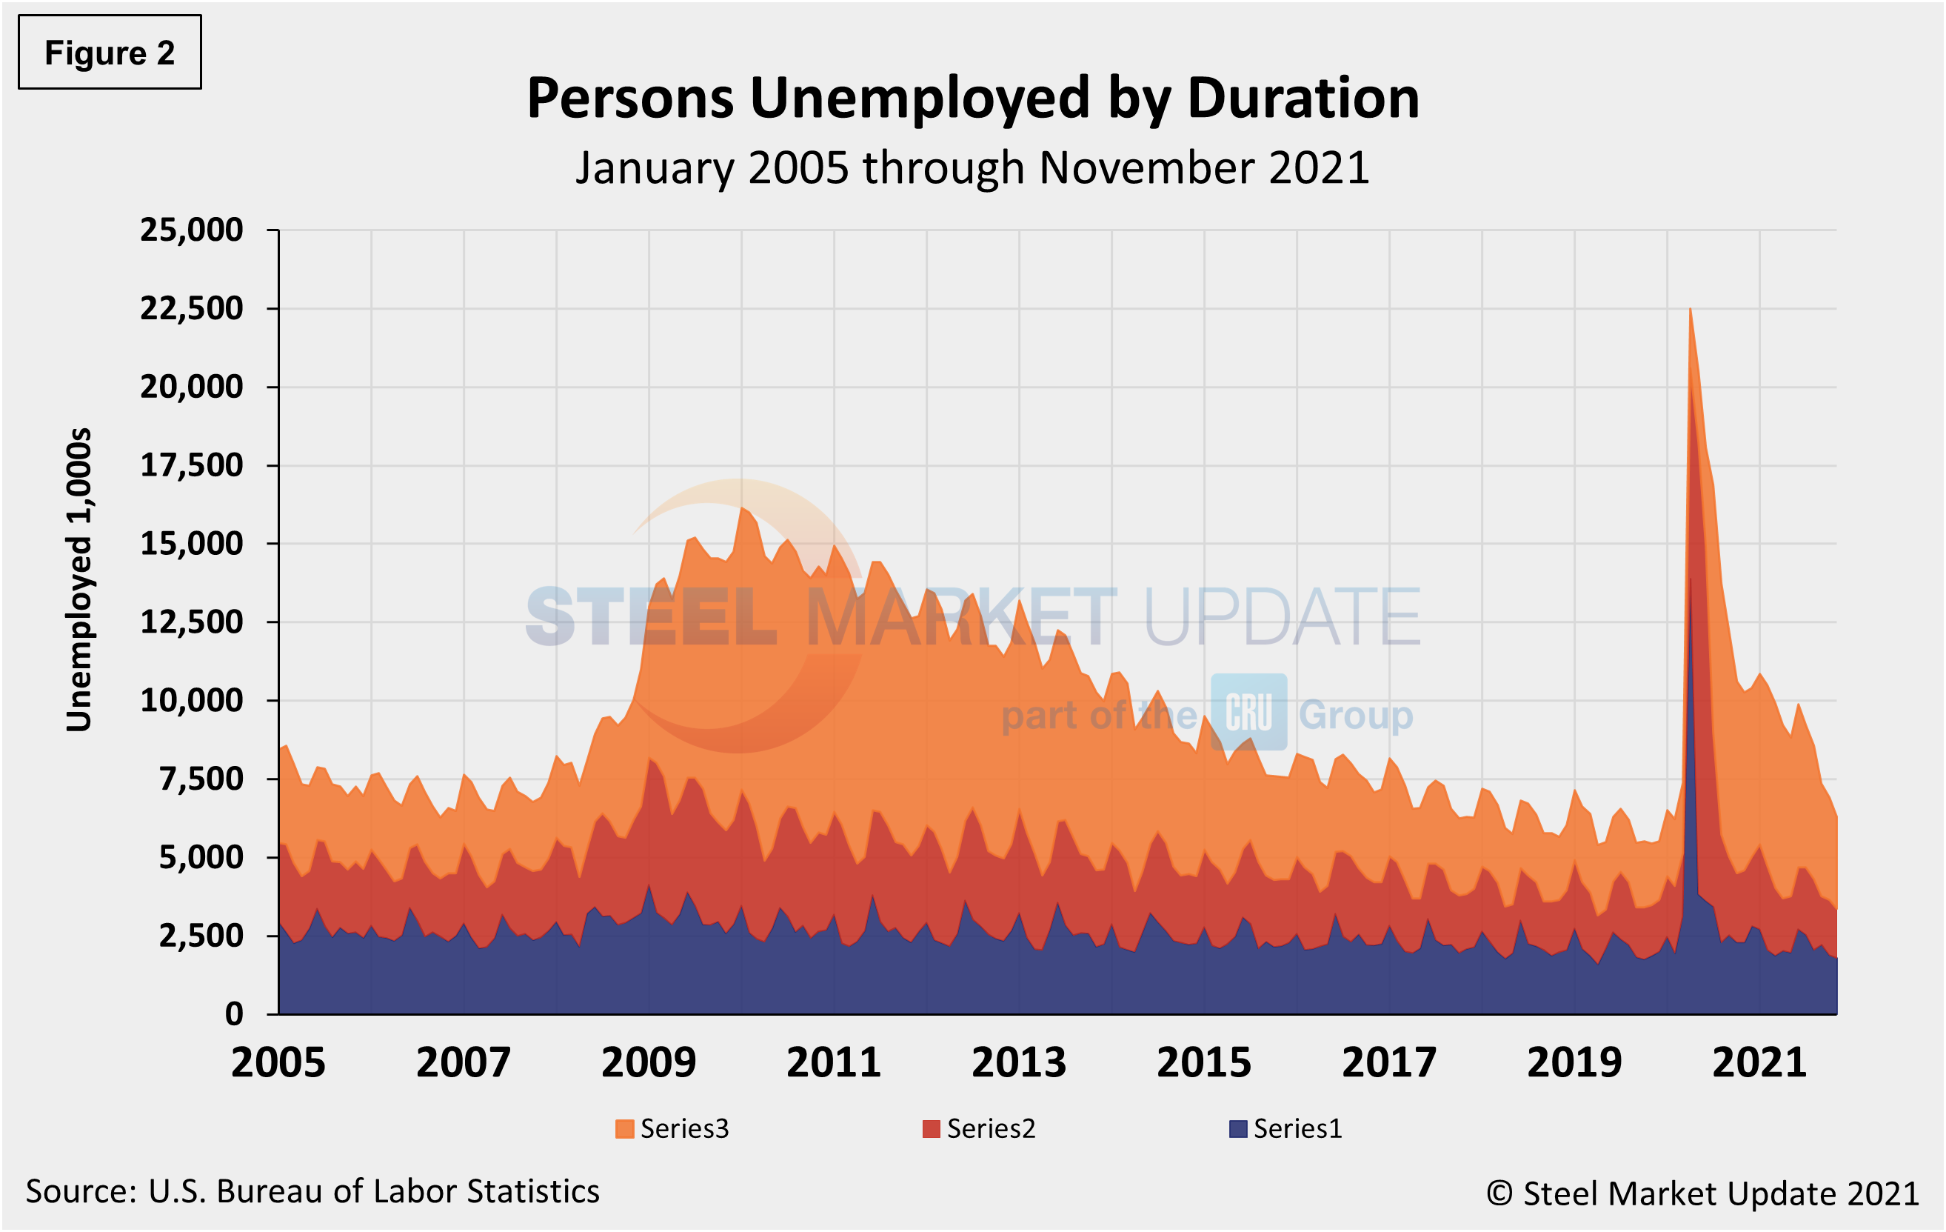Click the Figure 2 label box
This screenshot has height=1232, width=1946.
109,53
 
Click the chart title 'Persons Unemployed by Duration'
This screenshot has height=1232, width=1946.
972,99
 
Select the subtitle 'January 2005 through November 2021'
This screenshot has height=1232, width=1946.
972,168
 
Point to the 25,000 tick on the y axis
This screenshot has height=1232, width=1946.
192,230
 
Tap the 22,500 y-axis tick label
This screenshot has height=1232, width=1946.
192,309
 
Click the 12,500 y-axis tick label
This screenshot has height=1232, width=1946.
192,622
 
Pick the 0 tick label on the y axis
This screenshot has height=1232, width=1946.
233,1013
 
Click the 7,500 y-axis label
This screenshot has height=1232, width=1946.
201,779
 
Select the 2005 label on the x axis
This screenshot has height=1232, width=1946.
278,1063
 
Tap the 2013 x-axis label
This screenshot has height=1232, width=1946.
1018,1063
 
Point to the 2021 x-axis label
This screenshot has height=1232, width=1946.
1759,1063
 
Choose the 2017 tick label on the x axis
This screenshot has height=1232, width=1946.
1389,1063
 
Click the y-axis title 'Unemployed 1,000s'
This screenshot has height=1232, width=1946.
79,580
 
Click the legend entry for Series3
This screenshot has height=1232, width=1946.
672,1128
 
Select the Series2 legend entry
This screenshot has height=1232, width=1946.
979,1128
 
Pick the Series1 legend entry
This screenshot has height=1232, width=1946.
1285,1128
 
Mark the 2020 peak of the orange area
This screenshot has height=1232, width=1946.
1690,310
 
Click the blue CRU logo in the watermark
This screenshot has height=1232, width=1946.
1248,712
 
